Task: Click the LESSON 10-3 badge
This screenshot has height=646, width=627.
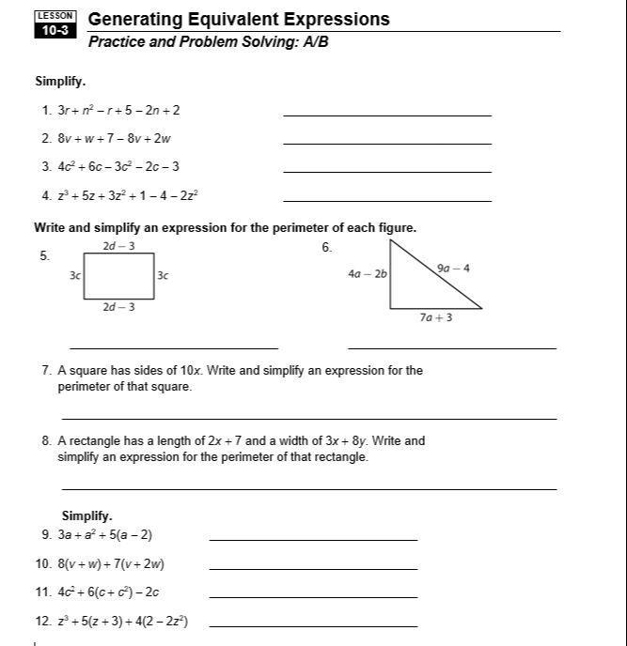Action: pos(55,24)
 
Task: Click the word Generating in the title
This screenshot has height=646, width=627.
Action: pos(134,20)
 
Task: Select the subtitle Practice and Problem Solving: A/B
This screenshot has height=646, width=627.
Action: pos(208,43)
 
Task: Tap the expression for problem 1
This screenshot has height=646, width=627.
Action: pos(118,110)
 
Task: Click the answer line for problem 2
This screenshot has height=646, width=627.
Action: pos(386,143)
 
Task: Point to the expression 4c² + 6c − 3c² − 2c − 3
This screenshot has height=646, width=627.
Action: pos(118,167)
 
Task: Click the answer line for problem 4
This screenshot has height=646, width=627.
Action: pos(386,200)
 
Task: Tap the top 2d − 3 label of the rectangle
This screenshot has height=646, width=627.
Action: pos(118,246)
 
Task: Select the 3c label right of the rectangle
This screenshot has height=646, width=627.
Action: pos(163,276)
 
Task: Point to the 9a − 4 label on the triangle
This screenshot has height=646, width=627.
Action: pos(453,269)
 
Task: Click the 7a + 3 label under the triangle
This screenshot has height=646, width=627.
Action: pos(435,317)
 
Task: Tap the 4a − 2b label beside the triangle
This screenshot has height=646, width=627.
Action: pos(367,274)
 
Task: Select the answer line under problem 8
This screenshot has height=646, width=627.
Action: pos(308,488)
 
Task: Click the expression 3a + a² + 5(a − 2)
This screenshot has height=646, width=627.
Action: pos(104,535)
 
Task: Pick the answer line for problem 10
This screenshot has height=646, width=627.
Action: pos(313,569)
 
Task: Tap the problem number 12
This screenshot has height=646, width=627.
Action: pos(42,622)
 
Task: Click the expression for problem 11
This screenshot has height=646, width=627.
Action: pos(108,592)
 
